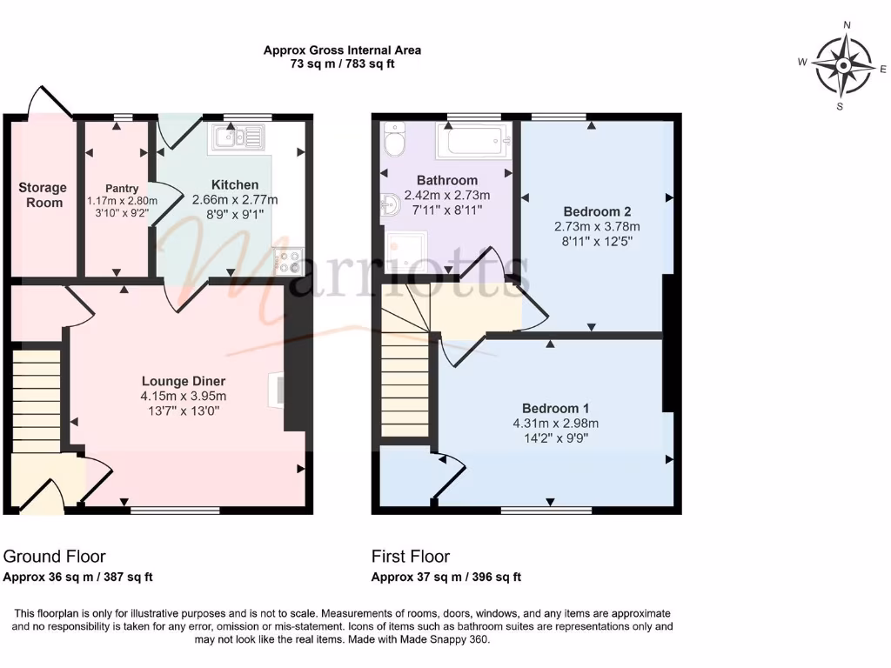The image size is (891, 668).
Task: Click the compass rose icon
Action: pyautogui.click(x=844, y=65)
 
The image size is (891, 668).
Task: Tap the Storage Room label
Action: pyautogui.click(x=43, y=195)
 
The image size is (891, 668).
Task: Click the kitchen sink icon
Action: pyautogui.click(x=236, y=138)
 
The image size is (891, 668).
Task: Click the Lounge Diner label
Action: pyautogui.click(x=184, y=381)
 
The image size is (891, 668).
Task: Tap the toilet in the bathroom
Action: pyautogui.click(x=394, y=139)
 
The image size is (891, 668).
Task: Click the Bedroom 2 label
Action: pyautogui.click(x=597, y=211)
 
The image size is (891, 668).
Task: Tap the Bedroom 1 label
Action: pyautogui.click(x=556, y=408)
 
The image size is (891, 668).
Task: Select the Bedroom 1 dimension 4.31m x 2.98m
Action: pyautogui.click(x=556, y=424)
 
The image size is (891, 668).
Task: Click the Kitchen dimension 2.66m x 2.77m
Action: pyautogui.click(x=235, y=199)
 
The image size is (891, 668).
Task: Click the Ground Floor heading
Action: pyautogui.click(x=55, y=557)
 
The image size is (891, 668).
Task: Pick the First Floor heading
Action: pyautogui.click(x=411, y=557)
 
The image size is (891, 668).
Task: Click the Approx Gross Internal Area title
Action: pyautogui.click(x=342, y=50)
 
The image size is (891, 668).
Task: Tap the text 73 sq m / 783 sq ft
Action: pyautogui.click(x=342, y=64)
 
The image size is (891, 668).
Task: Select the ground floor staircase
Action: pyautogui.click(x=36, y=400)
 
